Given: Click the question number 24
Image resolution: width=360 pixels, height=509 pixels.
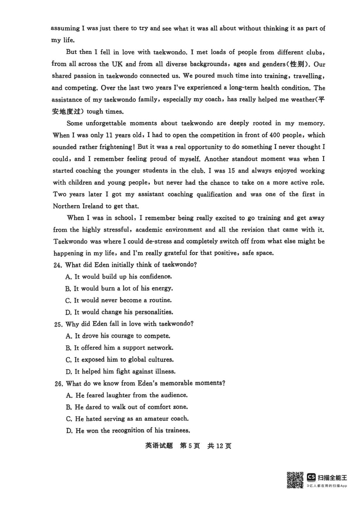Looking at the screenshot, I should click(x=58, y=265).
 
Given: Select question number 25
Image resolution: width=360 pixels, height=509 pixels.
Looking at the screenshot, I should click(x=58, y=324).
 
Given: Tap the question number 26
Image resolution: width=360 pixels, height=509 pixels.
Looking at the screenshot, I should click(x=58, y=383).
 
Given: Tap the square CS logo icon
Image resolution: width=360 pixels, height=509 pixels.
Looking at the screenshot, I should click(x=311, y=477).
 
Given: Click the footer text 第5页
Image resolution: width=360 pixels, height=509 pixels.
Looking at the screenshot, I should click(x=189, y=446).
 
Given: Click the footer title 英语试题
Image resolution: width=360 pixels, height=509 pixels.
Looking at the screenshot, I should click(x=159, y=446).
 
